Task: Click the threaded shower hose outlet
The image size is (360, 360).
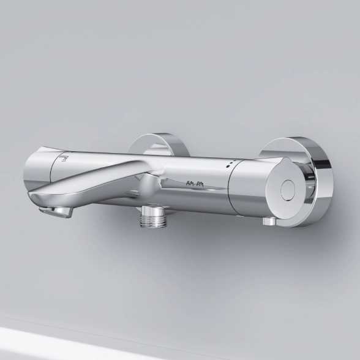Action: click(152, 217)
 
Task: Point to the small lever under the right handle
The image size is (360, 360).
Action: click(269, 222)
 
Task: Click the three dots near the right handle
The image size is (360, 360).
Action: click(231, 163)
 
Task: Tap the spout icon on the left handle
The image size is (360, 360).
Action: click(62, 158)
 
